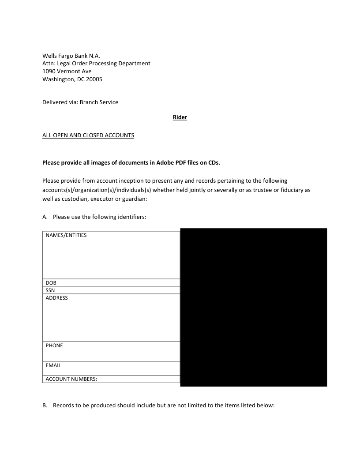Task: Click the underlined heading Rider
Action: click(x=180, y=117)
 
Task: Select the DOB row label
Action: click(x=51, y=283)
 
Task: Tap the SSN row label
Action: click(x=50, y=290)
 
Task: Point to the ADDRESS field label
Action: click(x=57, y=298)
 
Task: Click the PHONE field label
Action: click(x=54, y=346)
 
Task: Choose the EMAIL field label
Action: click(x=53, y=365)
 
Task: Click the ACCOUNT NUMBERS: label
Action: click(x=71, y=379)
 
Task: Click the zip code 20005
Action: click(x=94, y=79)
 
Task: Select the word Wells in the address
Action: click(x=50, y=56)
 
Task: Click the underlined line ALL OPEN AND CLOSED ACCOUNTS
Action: click(x=88, y=135)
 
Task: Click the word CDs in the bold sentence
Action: click(x=214, y=162)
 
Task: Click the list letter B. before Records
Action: click(x=45, y=405)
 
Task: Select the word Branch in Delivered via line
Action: click(x=90, y=102)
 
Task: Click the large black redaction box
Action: click(x=254, y=307)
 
